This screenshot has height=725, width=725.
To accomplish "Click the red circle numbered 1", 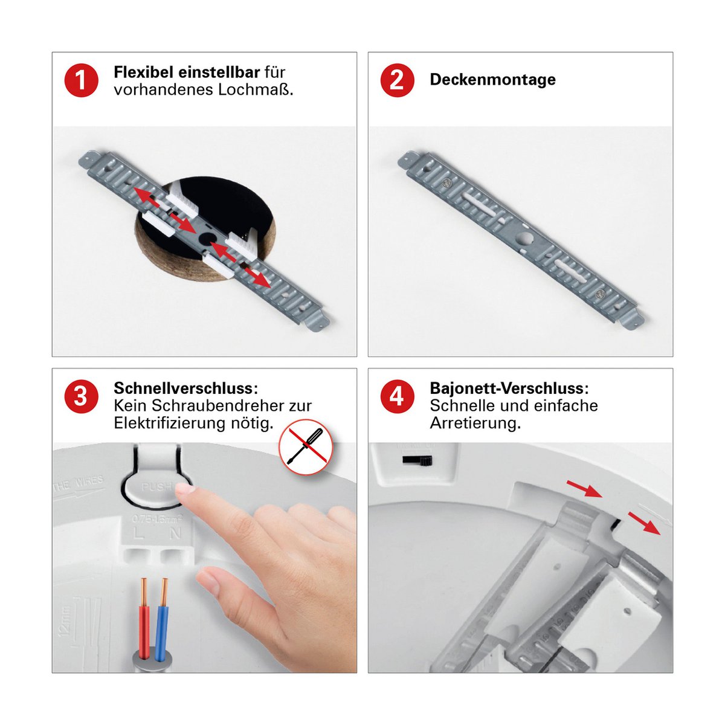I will pos(81,80).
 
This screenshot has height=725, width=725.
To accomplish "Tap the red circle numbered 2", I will pos(397,80).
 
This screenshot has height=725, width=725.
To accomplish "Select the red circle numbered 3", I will pos(81,397).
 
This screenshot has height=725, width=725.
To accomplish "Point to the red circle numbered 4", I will pos(397,397).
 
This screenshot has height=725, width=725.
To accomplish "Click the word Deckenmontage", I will pos(492,80).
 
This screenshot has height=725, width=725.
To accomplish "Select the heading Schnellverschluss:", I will pos(185,388).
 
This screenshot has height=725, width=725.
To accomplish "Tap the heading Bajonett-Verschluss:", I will pos(509,388).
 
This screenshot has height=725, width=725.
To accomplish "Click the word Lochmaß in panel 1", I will pos(262,90).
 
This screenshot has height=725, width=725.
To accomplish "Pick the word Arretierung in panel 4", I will pos(474,423).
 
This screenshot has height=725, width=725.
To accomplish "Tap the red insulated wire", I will pos(144,619).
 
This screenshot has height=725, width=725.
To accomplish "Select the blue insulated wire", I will pos(162,619).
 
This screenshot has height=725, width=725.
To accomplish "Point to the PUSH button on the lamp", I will pos(156,488).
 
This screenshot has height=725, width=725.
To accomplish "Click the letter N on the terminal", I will pos(176,533).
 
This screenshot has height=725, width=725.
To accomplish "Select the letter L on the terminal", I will pos(140,533).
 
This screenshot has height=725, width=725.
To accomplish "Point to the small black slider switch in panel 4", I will pos(417,461).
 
